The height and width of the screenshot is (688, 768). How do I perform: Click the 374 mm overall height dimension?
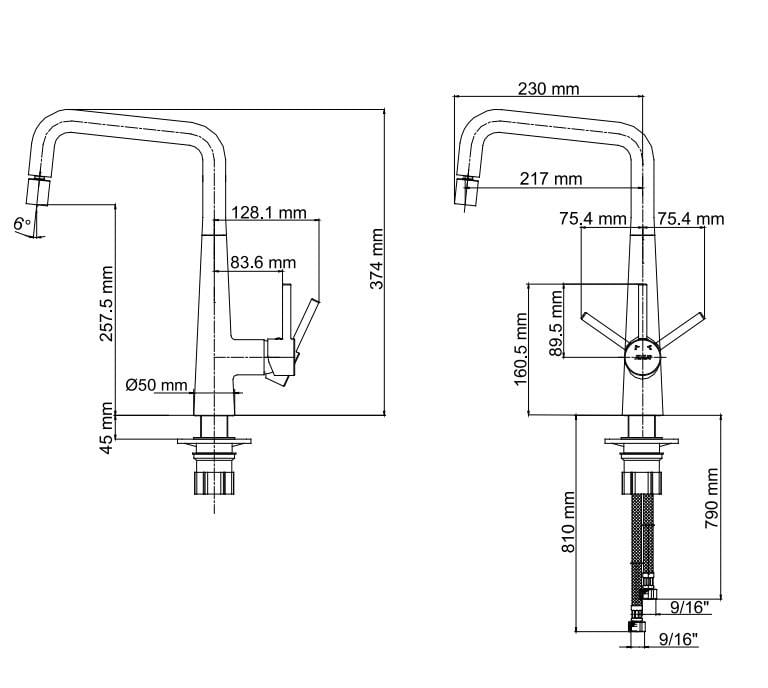376,259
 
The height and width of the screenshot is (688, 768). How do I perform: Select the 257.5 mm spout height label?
106,304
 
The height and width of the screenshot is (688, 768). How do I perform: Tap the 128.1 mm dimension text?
268,213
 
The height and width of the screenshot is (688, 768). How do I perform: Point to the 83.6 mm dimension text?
263,263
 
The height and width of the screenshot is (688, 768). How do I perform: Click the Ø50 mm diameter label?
157,385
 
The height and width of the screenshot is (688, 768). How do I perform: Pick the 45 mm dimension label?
106,427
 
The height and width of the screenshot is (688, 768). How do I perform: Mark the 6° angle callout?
22,224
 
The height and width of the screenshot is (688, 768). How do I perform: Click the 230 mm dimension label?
549,89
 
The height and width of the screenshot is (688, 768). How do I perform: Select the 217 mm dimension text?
551,179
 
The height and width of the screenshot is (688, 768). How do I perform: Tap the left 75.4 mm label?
593,218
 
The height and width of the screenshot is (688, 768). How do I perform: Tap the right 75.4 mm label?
691,218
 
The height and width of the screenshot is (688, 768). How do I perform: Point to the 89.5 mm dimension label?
556,323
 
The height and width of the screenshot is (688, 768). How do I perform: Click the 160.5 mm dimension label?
521,349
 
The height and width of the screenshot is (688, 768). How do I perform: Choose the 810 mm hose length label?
568,522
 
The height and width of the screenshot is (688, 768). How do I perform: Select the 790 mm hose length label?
712,498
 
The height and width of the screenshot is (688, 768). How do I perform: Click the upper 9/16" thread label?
690,608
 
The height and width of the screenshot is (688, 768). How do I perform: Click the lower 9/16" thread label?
678,639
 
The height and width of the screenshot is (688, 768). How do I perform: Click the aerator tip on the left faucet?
38,191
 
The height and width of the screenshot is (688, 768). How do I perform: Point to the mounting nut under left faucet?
214,483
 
